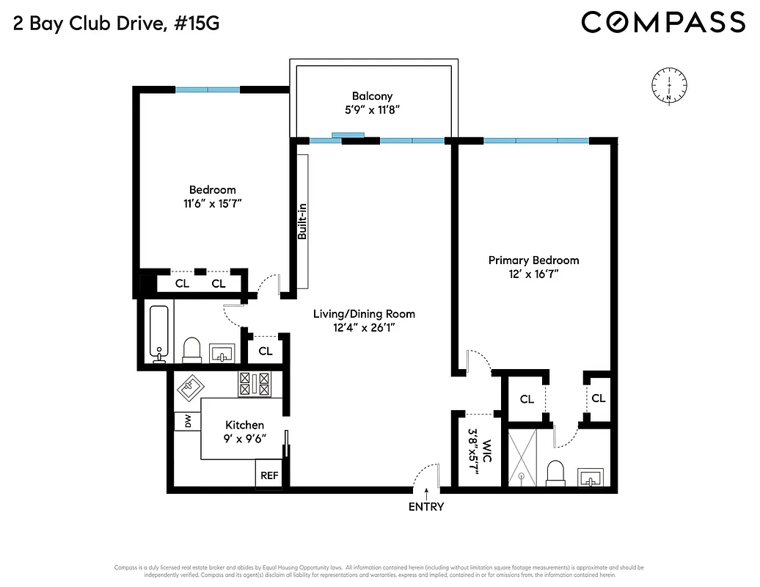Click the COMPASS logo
point(663,22)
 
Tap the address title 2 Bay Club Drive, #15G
point(116,23)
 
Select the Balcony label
point(372,96)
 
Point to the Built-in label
point(302,222)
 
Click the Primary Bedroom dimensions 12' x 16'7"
point(533,274)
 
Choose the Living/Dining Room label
point(364,314)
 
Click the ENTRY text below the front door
point(426,506)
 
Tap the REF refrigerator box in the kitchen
point(269,475)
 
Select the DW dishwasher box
point(187,422)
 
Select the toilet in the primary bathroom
point(556,473)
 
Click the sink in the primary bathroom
point(591,478)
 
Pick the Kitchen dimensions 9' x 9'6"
point(244,438)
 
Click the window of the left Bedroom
point(208,90)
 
